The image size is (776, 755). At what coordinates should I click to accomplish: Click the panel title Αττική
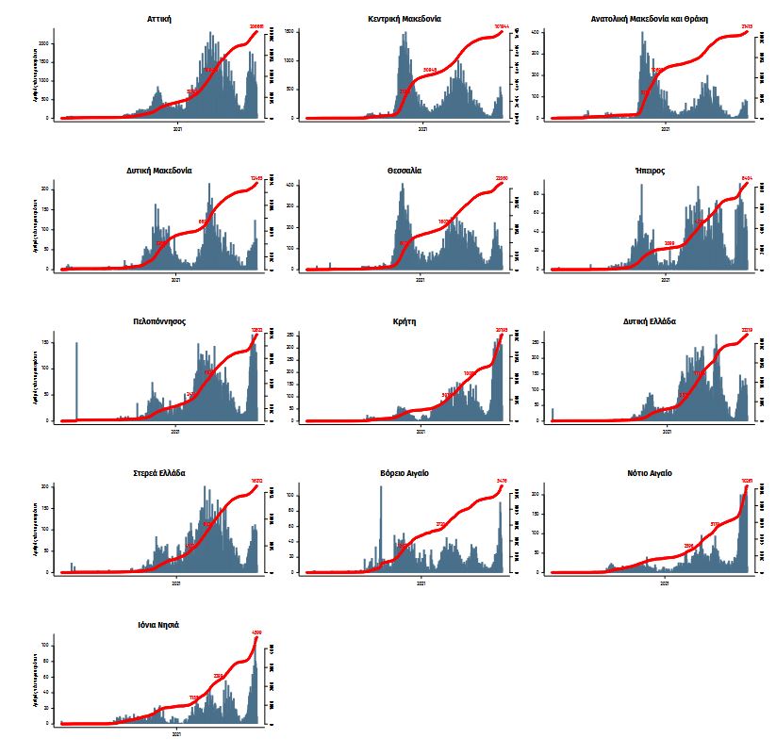[159, 19]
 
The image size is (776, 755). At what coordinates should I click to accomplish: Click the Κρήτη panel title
[404, 321]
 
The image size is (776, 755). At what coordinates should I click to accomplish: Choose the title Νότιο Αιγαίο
[649, 473]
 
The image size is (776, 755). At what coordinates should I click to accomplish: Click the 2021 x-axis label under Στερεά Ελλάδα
[176, 583]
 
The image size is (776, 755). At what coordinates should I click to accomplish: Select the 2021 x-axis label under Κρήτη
[421, 432]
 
